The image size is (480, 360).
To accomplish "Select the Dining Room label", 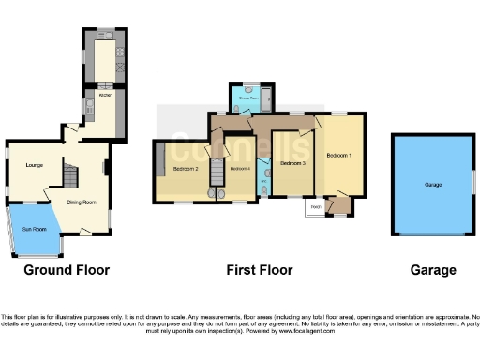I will click(81, 201).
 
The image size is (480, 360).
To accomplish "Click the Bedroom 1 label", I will click(338, 155).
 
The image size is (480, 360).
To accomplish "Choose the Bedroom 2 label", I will click(186, 169).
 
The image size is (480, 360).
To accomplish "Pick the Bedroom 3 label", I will click(292, 163).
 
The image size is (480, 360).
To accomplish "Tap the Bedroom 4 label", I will click(240, 169).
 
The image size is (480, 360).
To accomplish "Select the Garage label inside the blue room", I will click(432, 185).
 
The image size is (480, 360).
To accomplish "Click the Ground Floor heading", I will click(67, 270).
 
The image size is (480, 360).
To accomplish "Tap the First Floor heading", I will click(260, 270).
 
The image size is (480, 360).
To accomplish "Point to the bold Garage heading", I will click(433, 270).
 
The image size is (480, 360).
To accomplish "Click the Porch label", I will click(316, 206).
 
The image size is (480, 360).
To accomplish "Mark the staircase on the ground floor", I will click(71, 174).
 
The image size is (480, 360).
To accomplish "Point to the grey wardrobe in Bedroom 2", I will click(161, 155).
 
